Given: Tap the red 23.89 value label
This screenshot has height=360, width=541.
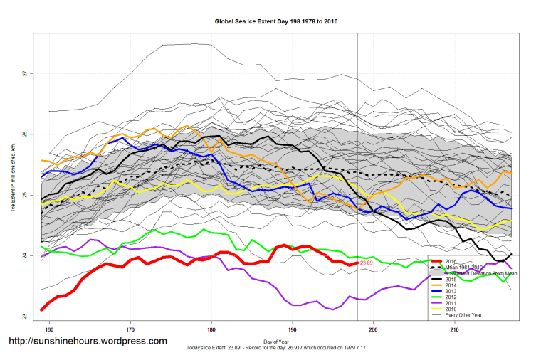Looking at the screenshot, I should (x=367, y=263).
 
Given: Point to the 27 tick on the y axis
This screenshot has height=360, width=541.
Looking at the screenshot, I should (x=23, y=73).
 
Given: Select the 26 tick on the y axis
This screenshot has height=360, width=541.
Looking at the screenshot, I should (x=23, y=134).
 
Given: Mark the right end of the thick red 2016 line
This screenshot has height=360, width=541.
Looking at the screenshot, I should (x=357, y=263).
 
